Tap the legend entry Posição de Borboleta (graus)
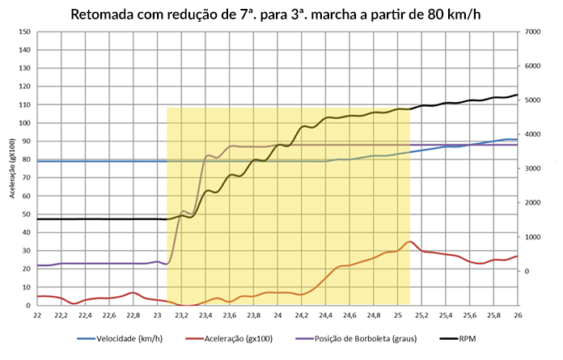coord(367,338)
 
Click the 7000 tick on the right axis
coord(534,32)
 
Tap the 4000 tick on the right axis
coord(534,134)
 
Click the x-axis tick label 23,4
coord(205,316)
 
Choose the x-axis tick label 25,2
coord(421,316)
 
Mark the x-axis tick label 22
coord(38,316)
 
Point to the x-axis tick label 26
coord(518,316)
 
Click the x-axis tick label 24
coord(277,316)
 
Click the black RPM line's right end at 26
coord(517,95)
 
